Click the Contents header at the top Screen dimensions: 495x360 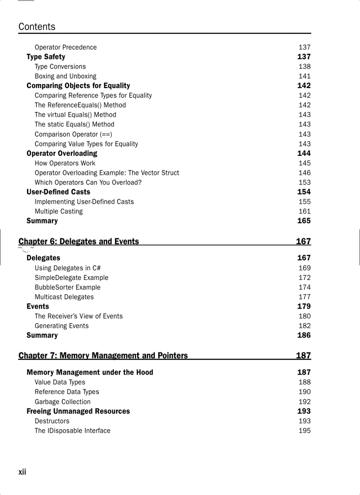[x=37, y=27]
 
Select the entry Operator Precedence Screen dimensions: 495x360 [x=66, y=47]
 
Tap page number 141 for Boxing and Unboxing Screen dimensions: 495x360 [x=304, y=76]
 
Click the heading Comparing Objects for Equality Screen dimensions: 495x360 [x=78, y=86]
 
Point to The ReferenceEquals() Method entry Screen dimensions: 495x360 [x=80, y=105]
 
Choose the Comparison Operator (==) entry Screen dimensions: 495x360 [x=74, y=134]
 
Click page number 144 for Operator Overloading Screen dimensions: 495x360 [x=304, y=153]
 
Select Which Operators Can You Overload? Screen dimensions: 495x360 [x=88, y=182]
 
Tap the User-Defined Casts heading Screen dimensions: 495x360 [x=58, y=192]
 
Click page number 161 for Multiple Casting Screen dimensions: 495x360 [x=304, y=211]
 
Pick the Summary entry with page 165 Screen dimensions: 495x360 [x=42, y=221]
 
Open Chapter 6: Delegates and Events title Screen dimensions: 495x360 [x=79, y=242]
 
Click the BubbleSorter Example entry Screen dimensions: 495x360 [x=67, y=287]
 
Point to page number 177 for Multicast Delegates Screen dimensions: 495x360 [x=304, y=297]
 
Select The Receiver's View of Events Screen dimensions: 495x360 [x=79, y=316]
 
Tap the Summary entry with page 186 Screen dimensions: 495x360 [x=42, y=335]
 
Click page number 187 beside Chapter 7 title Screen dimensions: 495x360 [x=304, y=355]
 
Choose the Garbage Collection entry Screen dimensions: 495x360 [x=63, y=402]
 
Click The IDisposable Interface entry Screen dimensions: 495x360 [x=73, y=431]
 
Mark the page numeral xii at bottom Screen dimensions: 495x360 [x=22, y=472]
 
